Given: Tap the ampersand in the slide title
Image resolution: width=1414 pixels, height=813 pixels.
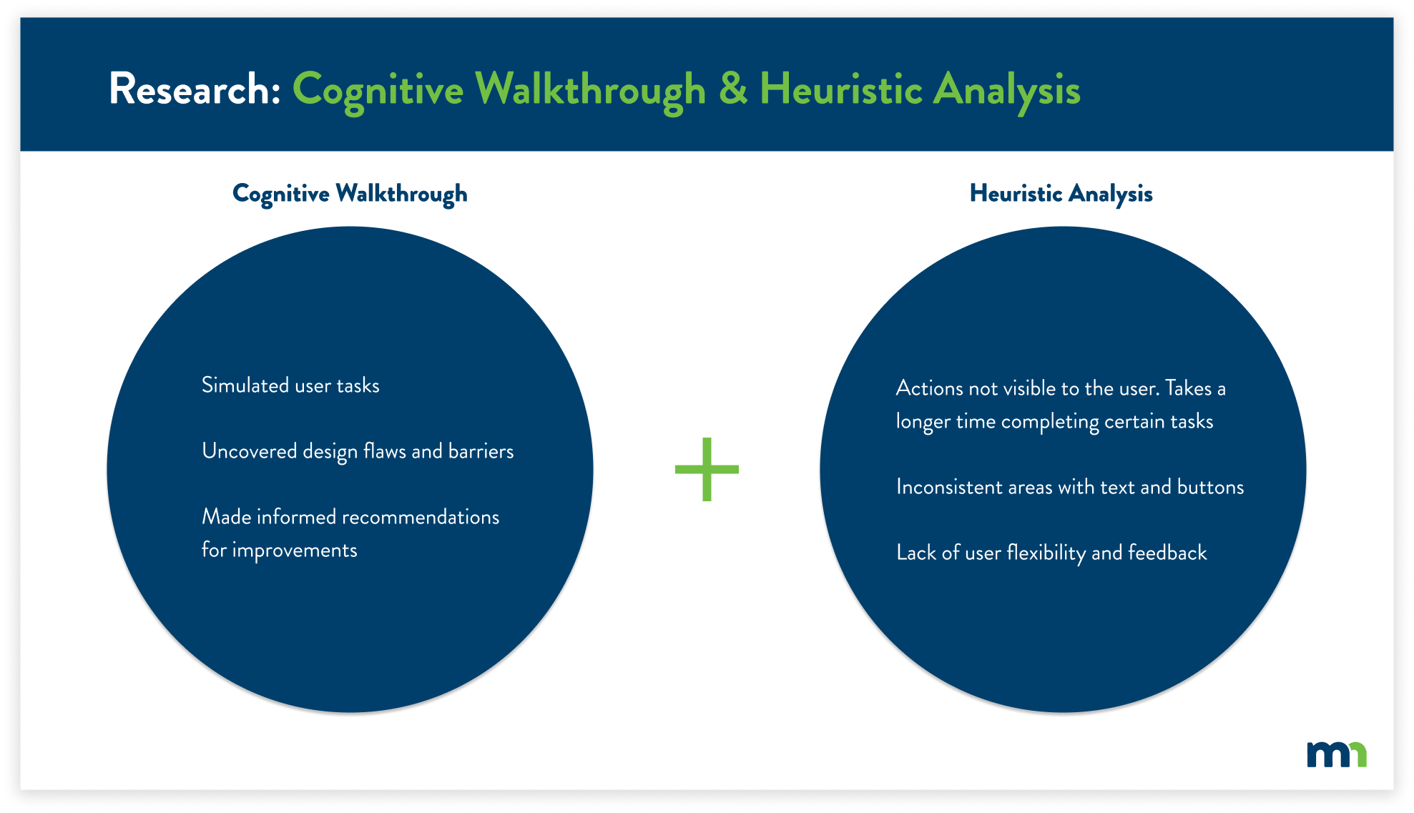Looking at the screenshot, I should pos(732,89).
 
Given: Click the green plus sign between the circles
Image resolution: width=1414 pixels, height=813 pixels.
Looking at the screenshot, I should pos(707,469).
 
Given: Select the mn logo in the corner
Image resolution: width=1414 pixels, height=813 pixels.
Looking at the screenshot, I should pos(1336,754).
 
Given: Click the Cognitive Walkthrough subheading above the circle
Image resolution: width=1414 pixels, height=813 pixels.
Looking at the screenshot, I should pos(350,194).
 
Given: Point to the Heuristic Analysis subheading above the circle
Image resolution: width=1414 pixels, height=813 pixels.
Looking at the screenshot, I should pos(1061,194).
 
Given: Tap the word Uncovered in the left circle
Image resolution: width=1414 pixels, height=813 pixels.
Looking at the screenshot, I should pos(249,451).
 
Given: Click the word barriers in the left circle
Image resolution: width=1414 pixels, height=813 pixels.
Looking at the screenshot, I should pos(481,451).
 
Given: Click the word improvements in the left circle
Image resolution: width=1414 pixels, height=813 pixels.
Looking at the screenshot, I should pos(294,551).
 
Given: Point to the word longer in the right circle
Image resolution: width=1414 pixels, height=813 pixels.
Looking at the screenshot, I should pos(923,422).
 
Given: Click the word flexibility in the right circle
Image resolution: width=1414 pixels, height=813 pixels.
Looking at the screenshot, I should pos(1046,553).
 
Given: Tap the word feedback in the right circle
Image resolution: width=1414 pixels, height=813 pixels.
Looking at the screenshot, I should pos(1167,553).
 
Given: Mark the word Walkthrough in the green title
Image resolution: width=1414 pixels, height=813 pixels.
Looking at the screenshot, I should pos(591,89).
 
